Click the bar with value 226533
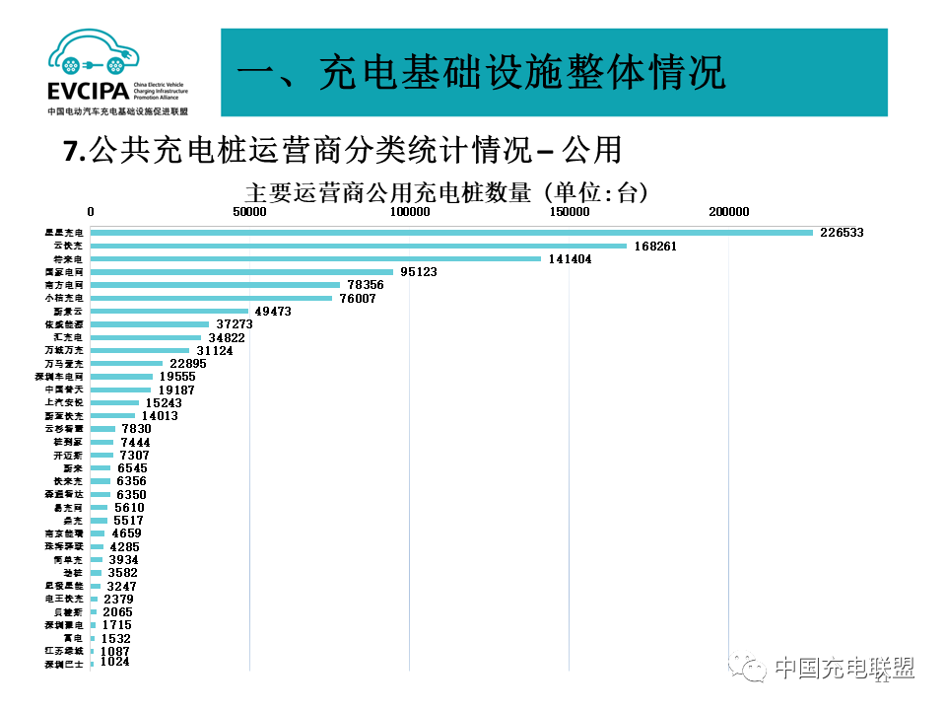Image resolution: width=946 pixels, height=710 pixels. coord(451,233)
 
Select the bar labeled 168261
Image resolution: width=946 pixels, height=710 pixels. coord(359,246)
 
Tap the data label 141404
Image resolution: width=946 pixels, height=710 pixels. coord(573,258)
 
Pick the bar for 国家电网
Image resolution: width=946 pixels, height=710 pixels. coord(241,272)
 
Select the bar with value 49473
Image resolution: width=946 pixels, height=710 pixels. coord(169,311)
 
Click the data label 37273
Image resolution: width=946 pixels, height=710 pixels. coord(234,323)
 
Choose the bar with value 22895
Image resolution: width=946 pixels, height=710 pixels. coord(126,363)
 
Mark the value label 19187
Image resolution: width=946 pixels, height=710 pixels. coord(176,390)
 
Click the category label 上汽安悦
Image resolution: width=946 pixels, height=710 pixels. coord(66,402)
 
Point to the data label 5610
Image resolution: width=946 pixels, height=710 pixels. coord(129,507)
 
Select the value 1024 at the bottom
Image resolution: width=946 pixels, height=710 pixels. coord(114,662)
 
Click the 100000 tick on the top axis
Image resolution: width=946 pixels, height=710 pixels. coord(409,212)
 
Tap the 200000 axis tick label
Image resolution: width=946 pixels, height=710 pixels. coord(728,212)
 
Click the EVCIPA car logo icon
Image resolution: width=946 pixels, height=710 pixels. coord(94,56)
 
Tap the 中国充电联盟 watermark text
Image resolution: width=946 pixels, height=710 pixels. coord(844,669)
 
